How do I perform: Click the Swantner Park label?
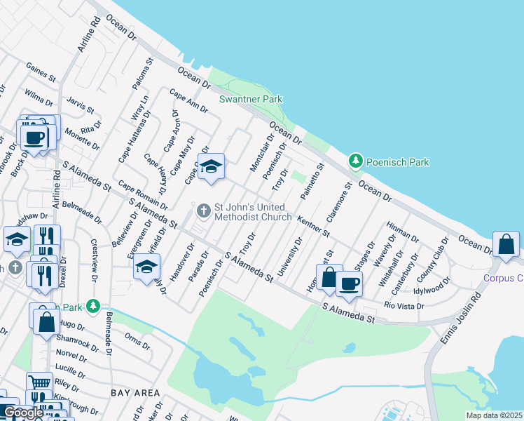coord(251,100)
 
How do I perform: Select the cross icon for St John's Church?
coord(204,210)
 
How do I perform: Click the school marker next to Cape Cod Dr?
coord(210,167)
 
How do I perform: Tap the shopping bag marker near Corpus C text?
coord(506,245)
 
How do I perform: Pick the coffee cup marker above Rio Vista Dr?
coord(349,284)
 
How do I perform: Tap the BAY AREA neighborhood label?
coord(134,393)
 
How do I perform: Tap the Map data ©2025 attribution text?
coord(494,415)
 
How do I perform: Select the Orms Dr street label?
coord(137,340)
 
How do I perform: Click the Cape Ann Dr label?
coord(188,103)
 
